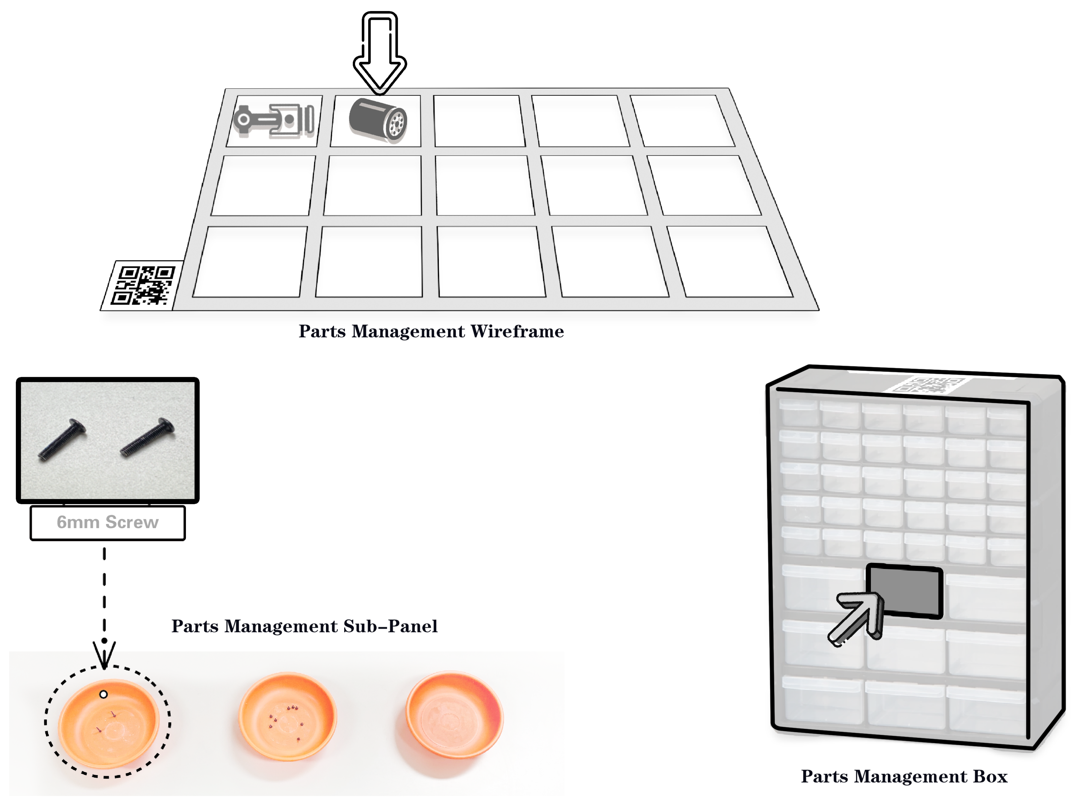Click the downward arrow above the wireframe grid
pyautogui.click(x=380, y=53)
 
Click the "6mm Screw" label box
pyautogui.click(x=108, y=523)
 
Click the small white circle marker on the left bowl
pyautogui.click(x=103, y=694)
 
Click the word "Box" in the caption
pyautogui.click(x=990, y=776)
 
